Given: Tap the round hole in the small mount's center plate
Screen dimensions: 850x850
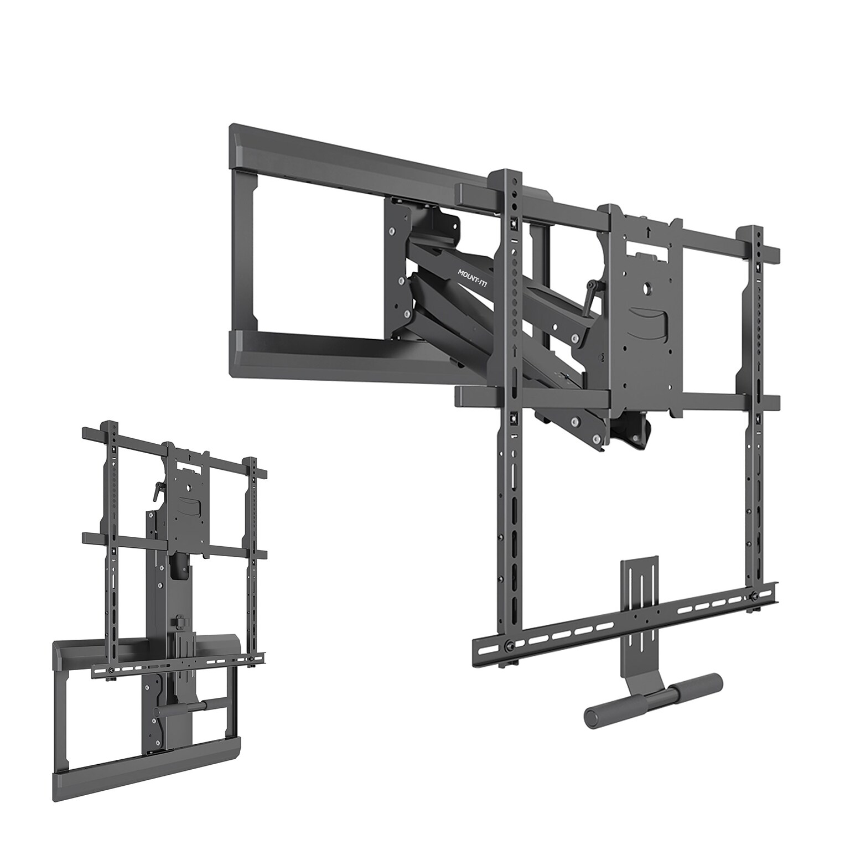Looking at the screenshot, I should (x=191, y=487).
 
